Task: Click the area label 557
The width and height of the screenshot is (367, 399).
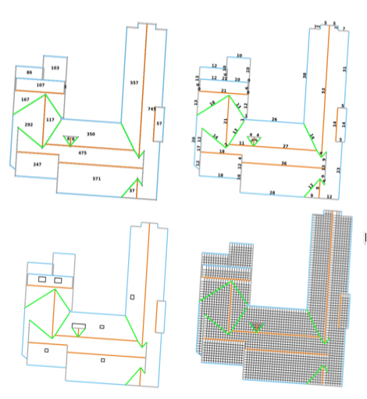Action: tap(134, 82)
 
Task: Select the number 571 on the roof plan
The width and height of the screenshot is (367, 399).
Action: tap(97, 179)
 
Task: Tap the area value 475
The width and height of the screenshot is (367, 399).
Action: tap(83, 153)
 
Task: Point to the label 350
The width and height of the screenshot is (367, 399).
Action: tap(91, 135)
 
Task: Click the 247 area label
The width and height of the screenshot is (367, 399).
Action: tap(37, 165)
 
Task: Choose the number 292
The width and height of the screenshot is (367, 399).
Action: tap(29, 125)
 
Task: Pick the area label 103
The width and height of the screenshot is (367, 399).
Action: tap(55, 69)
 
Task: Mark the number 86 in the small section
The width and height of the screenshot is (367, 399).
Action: tap(30, 73)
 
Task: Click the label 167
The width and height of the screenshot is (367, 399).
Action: tap(25, 100)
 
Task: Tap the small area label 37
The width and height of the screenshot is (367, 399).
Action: tap(132, 191)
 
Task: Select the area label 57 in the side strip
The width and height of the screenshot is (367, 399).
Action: tap(159, 124)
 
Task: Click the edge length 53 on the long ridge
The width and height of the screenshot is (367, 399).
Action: tap(323, 91)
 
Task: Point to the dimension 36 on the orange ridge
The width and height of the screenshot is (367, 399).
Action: tap(283, 163)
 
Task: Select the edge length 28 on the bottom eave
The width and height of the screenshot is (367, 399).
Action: tap(272, 192)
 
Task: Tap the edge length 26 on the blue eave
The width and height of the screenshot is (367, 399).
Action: tap(274, 119)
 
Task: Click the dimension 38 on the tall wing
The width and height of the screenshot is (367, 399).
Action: tap(305, 75)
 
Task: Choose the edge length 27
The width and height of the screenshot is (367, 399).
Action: tap(286, 147)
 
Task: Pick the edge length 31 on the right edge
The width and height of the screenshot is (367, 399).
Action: tap(344, 70)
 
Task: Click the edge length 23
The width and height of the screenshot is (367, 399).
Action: tap(338, 170)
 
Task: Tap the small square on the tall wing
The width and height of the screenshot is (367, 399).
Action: tap(133, 297)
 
